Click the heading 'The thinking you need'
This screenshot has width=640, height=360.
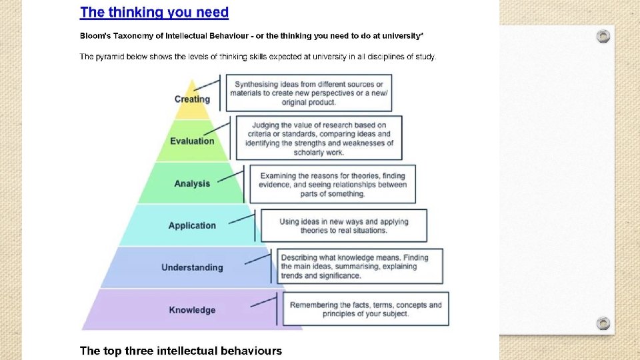tap(154, 12)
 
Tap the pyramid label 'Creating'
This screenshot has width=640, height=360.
tap(192, 99)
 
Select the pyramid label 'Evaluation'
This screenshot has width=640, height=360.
tap(192, 141)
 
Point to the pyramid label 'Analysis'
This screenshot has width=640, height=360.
tap(192, 183)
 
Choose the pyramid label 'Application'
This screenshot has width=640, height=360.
tap(192, 225)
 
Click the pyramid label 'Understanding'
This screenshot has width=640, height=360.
tap(192, 267)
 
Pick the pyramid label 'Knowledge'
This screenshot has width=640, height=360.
tap(192, 310)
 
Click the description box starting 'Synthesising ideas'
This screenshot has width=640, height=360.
tap(309, 93)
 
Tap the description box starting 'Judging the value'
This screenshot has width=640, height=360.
tap(319, 138)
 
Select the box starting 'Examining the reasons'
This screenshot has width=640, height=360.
tap(332, 184)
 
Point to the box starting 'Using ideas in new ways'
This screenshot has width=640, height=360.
tap(343, 225)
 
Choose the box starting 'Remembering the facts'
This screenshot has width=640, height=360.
tap(365, 309)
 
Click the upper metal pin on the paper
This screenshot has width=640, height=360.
tap(603, 36)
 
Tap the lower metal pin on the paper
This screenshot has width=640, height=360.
tap(603, 323)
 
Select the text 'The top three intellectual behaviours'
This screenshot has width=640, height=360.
tap(181, 351)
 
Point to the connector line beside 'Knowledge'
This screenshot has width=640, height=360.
tap(263, 303)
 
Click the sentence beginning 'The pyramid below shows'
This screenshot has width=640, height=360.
tap(258, 57)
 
